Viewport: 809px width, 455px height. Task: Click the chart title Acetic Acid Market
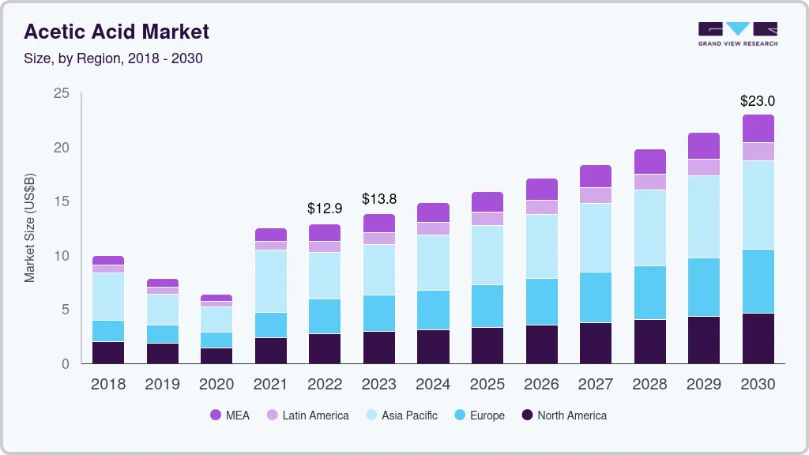point(116,32)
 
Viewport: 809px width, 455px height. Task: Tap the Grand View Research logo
point(737,33)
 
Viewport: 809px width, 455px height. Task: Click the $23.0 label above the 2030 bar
point(757,101)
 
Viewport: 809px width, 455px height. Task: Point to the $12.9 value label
point(324,209)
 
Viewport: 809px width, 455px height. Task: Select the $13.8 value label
point(378,199)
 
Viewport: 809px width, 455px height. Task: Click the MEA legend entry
point(230,415)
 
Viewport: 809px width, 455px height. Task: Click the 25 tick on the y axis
point(61,94)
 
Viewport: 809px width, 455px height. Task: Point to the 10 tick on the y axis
point(61,256)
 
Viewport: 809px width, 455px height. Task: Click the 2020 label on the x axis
point(216,385)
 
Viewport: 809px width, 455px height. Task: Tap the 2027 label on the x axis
point(595,385)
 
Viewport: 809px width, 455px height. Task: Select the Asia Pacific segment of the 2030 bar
point(758,205)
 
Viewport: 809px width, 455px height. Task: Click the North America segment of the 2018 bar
point(107,352)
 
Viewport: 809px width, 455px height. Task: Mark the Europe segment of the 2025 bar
point(487,306)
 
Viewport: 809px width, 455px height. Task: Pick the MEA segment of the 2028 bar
point(649,161)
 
